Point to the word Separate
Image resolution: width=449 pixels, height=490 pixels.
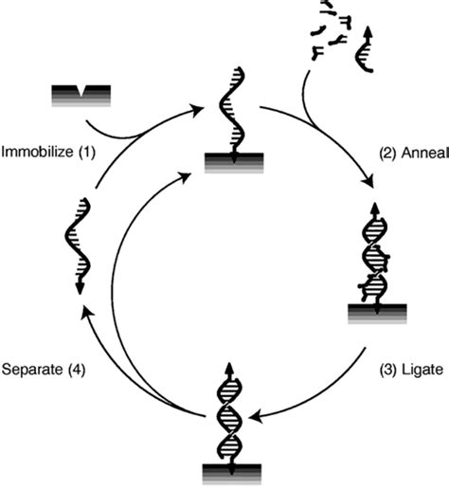(35, 371)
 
